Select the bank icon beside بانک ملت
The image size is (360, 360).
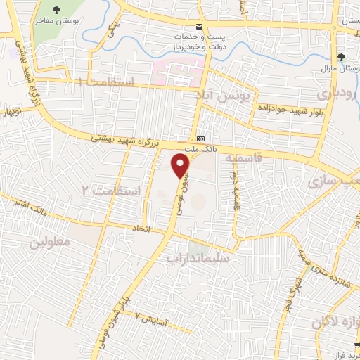pyautogui.click(x=201, y=138)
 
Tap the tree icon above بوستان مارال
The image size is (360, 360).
pyautogui.click(x=342, y=57)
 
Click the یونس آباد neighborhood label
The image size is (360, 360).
pyautogui.click(x=235, y=94)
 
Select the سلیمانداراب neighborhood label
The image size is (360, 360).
pyautogui.click(x=198, y=258)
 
